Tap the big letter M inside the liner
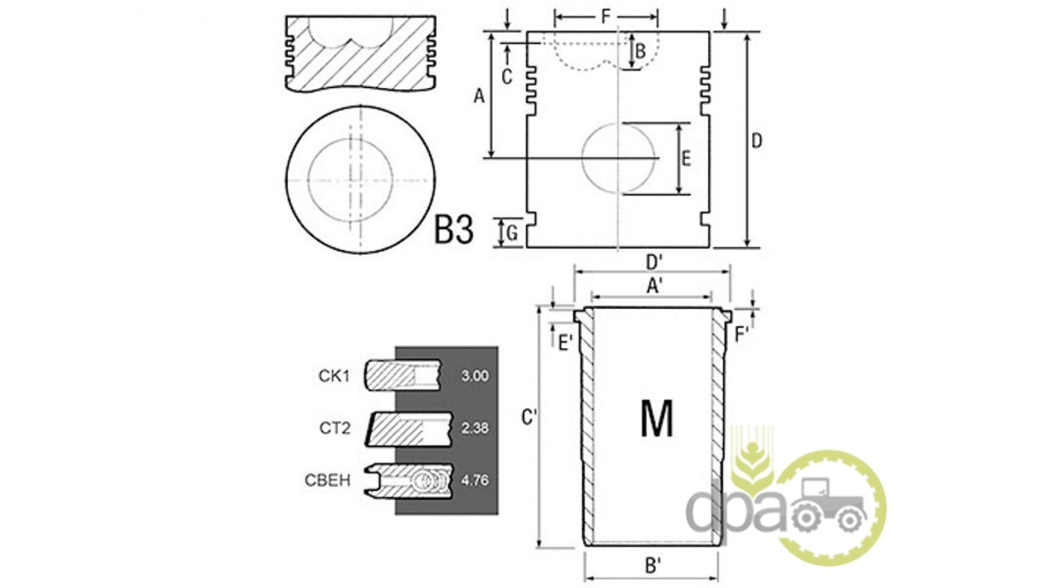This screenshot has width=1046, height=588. click(x=657, y=418)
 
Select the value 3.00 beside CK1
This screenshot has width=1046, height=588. click(x=475, y=376)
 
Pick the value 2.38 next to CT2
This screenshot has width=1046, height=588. click(x=475, y=428)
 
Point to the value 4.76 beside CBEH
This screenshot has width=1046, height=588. click(x=475, y=480)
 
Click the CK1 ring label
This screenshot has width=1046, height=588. click(x=333, y=376)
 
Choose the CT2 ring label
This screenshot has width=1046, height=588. click(x=335, y=428)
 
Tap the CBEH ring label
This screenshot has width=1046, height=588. click(x=327, y=480)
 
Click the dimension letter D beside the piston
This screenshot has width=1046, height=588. click(x=757, y=141)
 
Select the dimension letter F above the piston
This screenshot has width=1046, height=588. click(x=606, y=17)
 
